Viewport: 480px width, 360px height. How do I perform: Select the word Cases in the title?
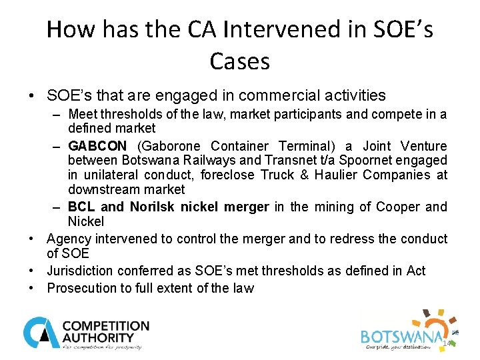(x=239, y=61)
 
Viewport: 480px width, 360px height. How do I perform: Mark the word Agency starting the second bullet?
(x=67, y=239)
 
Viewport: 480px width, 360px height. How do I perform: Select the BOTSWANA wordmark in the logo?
(x=401, y=336)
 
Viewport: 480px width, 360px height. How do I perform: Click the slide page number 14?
(x=447, y=343)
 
